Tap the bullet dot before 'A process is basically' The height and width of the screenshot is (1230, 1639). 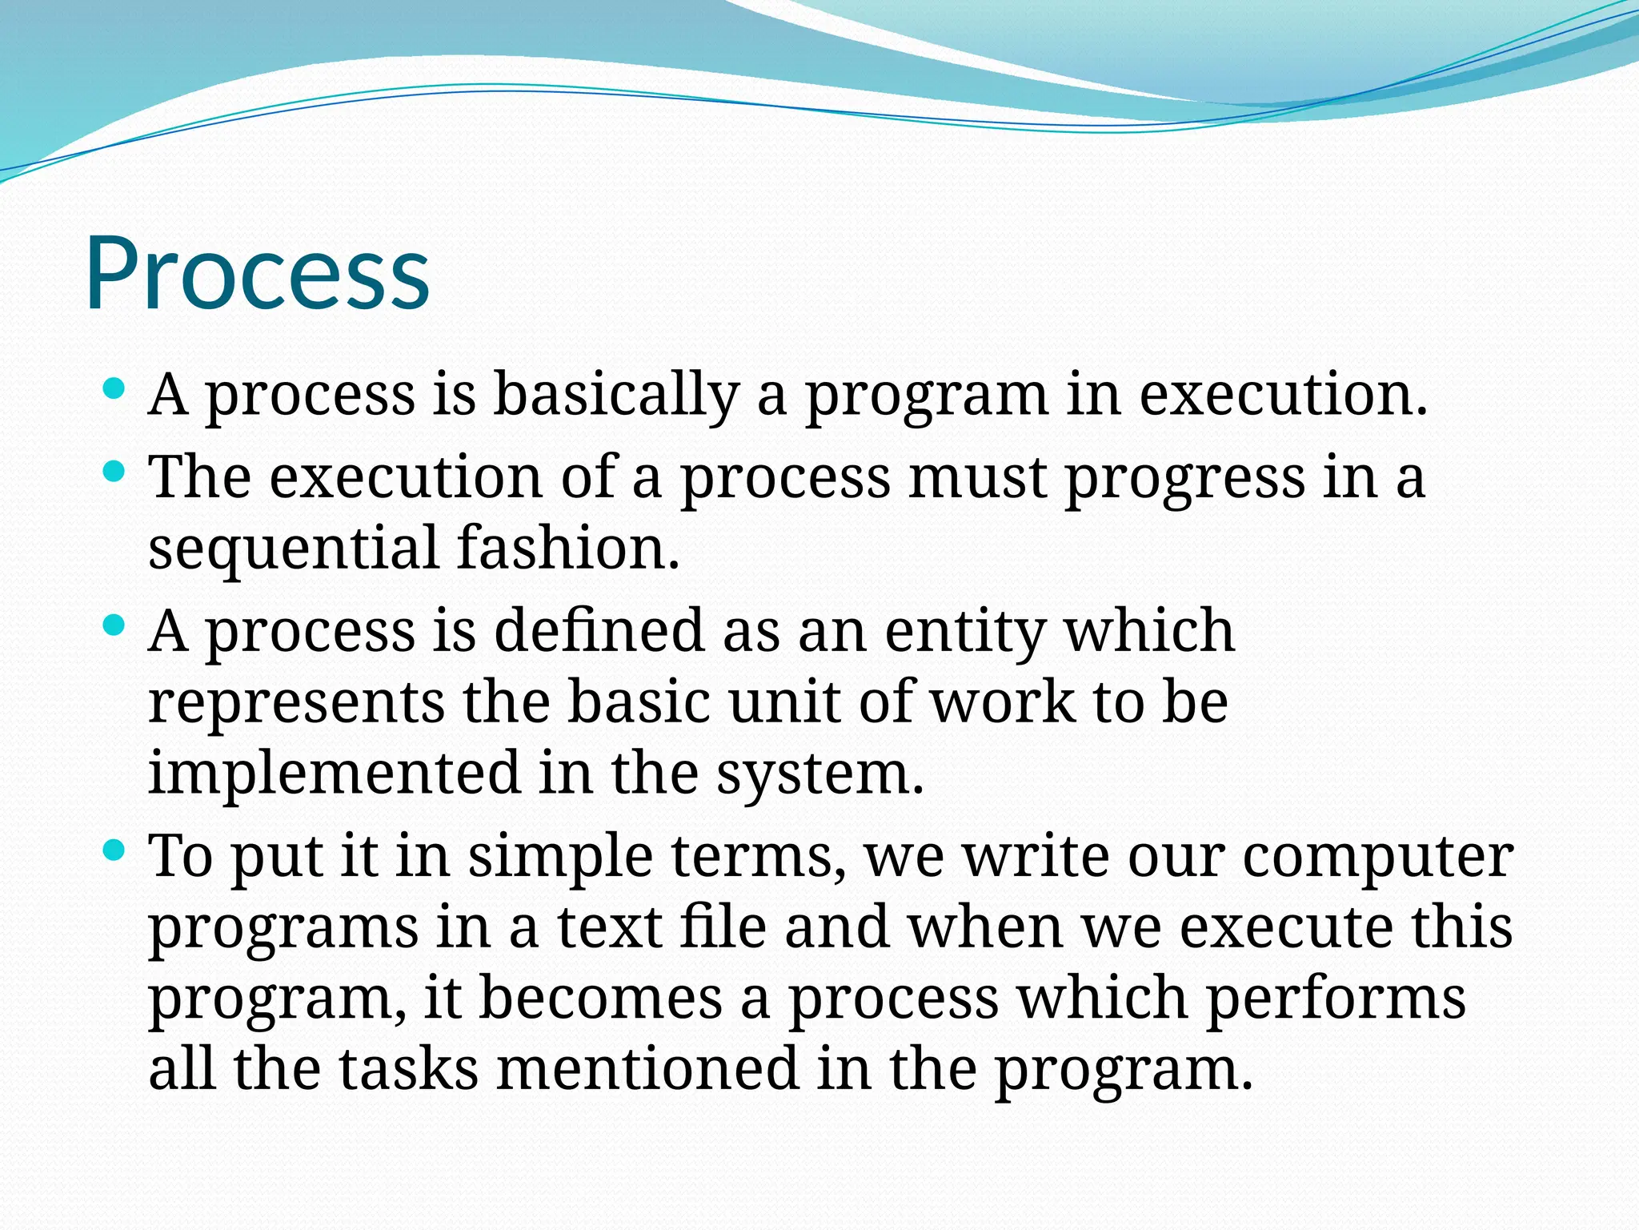pos(114,390)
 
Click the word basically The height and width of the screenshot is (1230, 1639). pos(615,395)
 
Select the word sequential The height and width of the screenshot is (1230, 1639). pos(293,549)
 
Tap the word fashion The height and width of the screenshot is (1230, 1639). pos(568,549)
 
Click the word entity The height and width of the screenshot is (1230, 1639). pos(964,632)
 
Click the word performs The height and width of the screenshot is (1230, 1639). pos(1335,999)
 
